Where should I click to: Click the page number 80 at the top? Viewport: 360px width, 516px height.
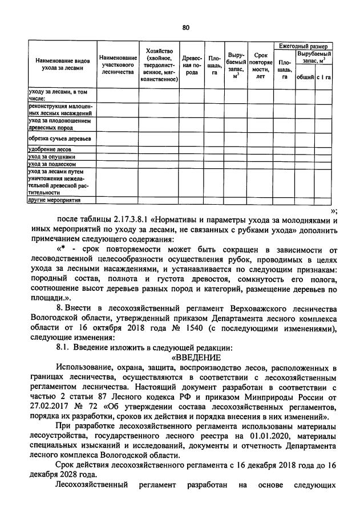(185, 27)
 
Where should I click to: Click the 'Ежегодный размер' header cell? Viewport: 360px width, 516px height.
(302, 45)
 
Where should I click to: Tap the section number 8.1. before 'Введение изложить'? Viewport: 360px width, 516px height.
(64, 348)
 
